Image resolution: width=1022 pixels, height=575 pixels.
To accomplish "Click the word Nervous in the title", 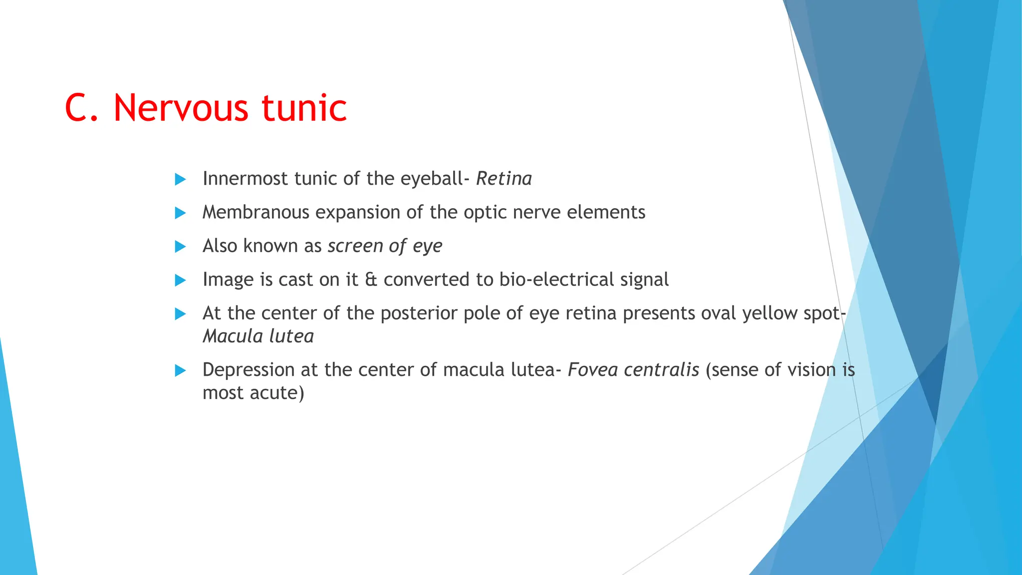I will (x=180, y=108).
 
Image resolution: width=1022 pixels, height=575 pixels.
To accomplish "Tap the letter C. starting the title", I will (x=82, y=108).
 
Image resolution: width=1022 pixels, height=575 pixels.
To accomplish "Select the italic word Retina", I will (x=504, y=179).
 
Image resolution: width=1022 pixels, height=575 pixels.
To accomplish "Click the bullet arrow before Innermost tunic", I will (x=180, y=179).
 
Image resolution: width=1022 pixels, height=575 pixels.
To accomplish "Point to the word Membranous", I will (x=255, y=213).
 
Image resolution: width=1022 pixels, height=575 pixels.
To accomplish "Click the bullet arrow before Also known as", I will (x=180, y=247).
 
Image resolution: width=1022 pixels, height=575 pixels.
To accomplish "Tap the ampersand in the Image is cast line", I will (x=371, y=280).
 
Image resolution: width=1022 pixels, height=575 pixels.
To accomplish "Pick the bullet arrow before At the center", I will (x=180, y=314).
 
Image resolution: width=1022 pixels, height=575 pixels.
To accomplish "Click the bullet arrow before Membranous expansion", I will (x=180, y=213).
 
